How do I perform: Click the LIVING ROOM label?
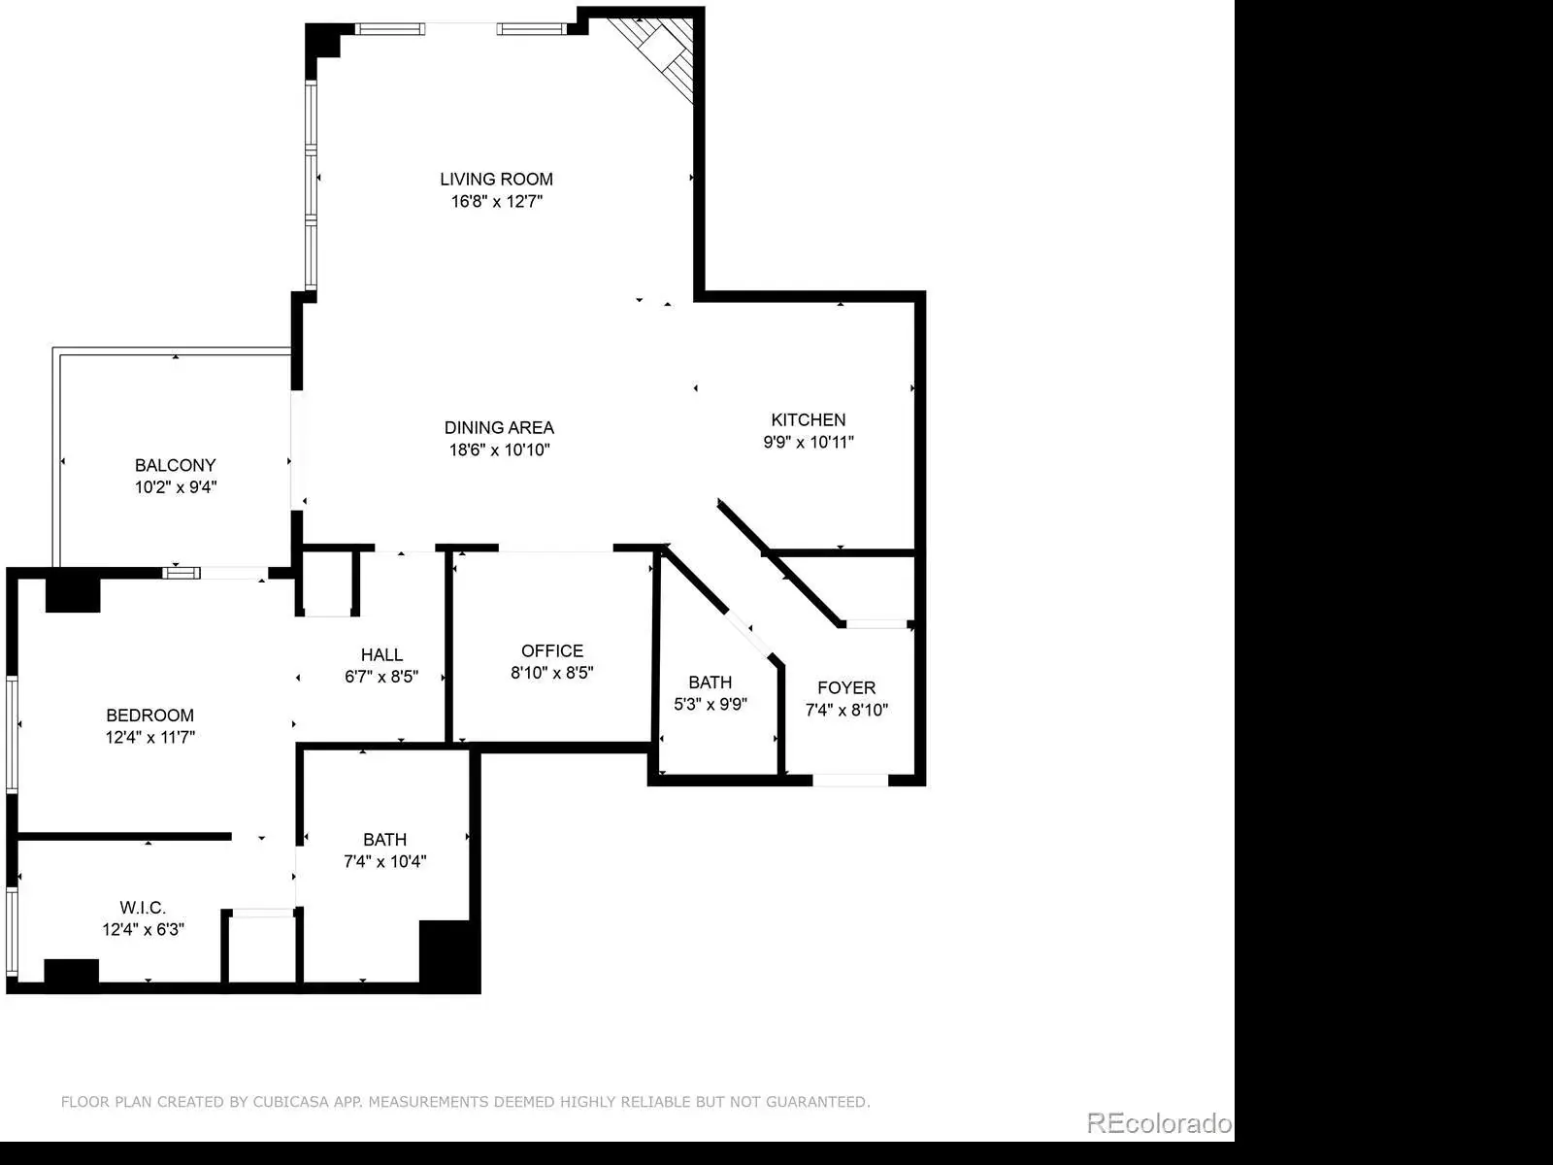(497, 179)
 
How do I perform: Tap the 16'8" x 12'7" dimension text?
(497, 202)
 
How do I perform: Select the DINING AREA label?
(500, 427)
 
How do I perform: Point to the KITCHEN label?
(808, 419)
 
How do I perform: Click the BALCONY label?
(176, 465)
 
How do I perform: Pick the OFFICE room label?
(552, 650)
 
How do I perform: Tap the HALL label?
(382, 654)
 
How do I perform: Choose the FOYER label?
(847, 687)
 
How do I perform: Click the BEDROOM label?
(150, 716)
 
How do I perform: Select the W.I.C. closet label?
(143, 907)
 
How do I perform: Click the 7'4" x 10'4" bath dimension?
(385, 861)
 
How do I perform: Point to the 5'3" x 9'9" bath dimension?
(710, 705)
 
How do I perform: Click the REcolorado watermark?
(1160, 1122)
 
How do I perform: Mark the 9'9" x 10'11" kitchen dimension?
(808, 442)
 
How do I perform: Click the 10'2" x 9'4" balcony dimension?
(176, 487)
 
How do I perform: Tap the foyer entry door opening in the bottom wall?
(850, 781)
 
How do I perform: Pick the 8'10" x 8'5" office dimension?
(552, 673)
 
